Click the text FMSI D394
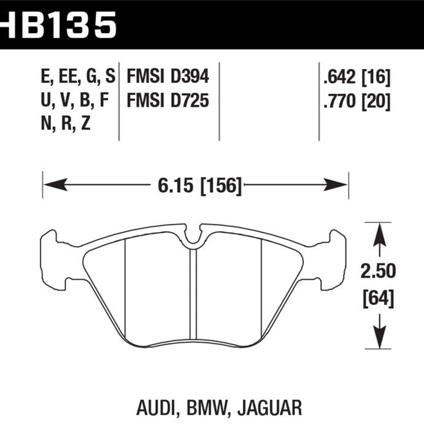click(168, 76)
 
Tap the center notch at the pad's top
click(194, 237)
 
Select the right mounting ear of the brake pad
click(334, 258)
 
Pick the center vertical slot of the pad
click(194, 288)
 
